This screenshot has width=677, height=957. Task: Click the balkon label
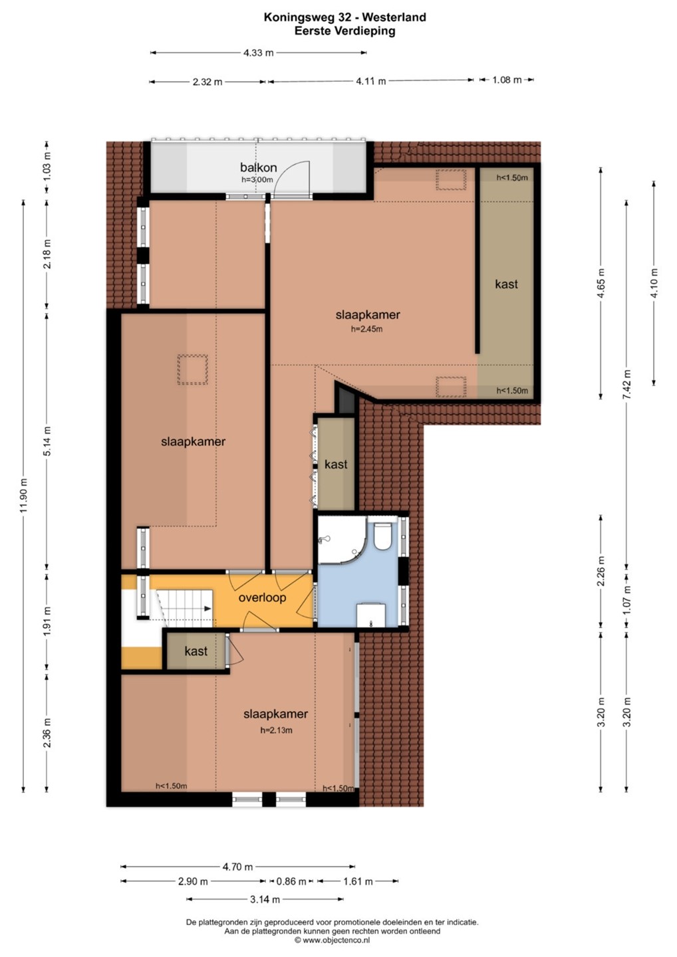tap(258, 167)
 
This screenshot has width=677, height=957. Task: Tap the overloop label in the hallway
tap(262, 597)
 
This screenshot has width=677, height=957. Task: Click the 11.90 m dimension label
tap(23, 495)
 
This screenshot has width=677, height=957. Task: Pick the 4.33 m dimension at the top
tap(258, 53)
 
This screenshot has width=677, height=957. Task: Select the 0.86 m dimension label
tap(291, 881)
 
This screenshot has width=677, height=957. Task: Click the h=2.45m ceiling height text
tap(366, 329)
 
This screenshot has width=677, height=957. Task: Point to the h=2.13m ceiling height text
tap(277, 730)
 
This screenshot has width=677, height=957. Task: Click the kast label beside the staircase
tap(196, 651)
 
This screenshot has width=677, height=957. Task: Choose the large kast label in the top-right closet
tap(507, 284)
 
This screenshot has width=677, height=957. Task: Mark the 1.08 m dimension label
tap(507, 80)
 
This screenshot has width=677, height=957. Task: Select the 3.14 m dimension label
tap(265, 899)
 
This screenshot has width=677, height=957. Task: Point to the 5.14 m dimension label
tap(47, 441)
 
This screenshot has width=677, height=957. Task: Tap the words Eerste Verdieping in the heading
tap(345, 31)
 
